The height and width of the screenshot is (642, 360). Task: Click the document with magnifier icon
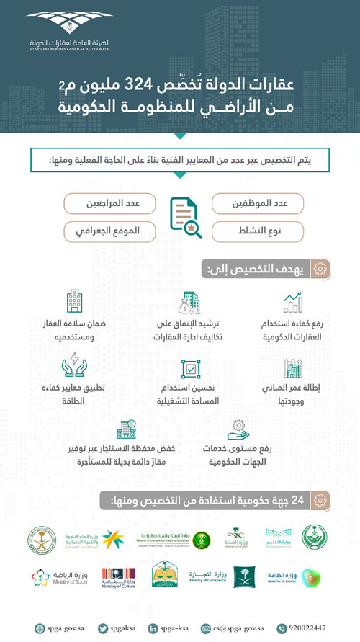184,217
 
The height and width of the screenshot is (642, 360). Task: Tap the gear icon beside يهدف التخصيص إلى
322,269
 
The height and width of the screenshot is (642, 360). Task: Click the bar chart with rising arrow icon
292,303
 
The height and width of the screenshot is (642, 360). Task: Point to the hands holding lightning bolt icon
75,365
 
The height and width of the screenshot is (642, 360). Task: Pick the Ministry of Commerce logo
207,576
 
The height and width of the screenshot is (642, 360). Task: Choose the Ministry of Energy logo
301,576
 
